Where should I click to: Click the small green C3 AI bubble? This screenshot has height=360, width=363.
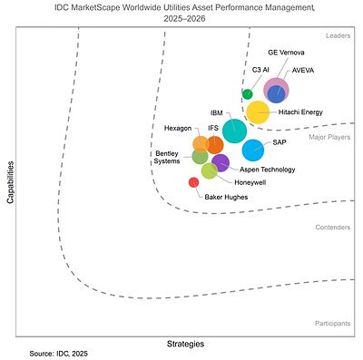248,93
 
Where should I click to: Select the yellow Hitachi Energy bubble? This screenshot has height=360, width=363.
258,112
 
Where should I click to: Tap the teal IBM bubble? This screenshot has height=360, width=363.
234,131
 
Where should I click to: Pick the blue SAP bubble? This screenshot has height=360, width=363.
253,150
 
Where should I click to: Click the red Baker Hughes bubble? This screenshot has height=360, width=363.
193,182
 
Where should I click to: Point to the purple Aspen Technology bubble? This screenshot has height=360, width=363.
221,163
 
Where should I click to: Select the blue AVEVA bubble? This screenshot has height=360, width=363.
277,93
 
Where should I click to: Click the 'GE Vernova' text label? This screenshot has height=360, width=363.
286,54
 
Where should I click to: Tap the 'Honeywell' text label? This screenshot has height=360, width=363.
238,182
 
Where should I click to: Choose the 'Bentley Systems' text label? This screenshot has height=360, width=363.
167,157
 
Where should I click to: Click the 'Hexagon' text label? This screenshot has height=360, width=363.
177,128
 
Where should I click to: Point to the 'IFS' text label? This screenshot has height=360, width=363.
212,128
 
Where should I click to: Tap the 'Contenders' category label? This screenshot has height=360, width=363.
332,228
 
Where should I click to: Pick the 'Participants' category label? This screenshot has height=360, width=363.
331,322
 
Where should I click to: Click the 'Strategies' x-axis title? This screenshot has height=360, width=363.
185,344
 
